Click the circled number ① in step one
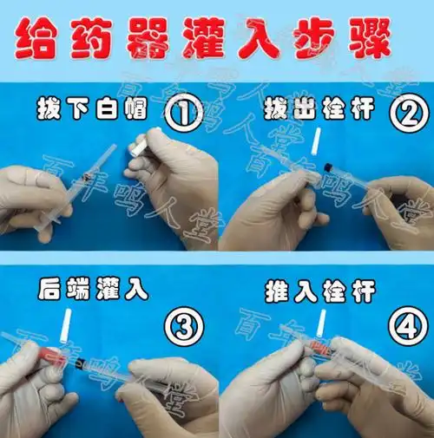click(184, 113)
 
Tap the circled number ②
click(408, 113)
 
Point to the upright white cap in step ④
click(320, 324)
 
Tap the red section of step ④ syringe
click(321, 346)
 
